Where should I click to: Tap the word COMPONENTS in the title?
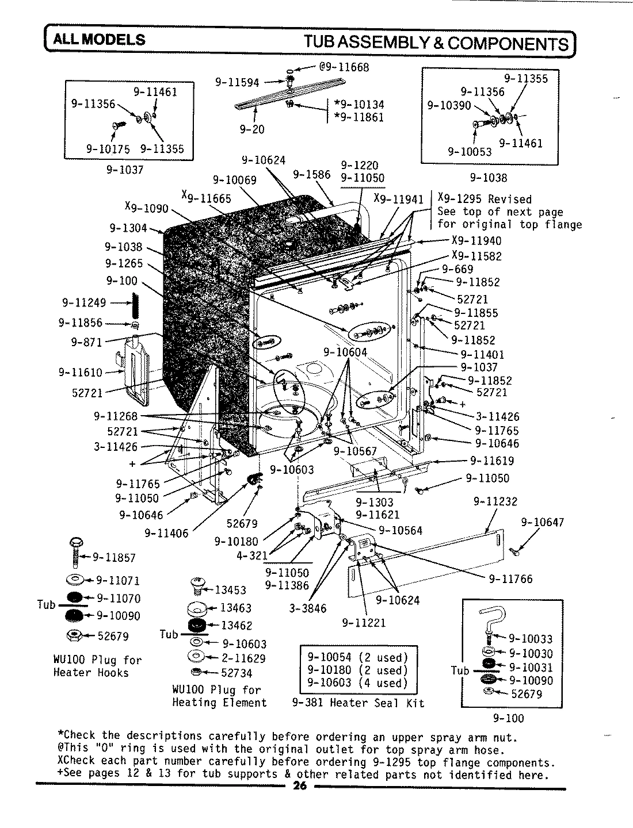click(504, 43)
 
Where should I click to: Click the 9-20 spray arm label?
click(252, 129)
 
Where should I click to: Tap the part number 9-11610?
click(80, 373)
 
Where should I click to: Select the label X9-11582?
click(476, 256)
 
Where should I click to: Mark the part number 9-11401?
click(482, 354)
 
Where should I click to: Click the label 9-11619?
click(492, 461)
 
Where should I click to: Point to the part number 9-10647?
click(542, 522)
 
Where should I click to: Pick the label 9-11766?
click(510, 579)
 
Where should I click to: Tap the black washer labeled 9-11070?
click(75, 597)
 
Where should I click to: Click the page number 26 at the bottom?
click(299, 787)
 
